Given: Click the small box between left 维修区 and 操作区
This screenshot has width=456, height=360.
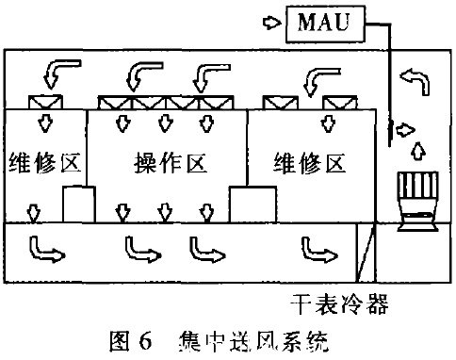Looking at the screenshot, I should tap(78, 205).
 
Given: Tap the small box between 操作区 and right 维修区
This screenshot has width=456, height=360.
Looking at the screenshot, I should tap(252, 205).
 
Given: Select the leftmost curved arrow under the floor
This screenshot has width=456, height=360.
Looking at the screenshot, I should tap(42, 247).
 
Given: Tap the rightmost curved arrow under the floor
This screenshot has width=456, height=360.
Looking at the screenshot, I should tap(317, 247).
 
